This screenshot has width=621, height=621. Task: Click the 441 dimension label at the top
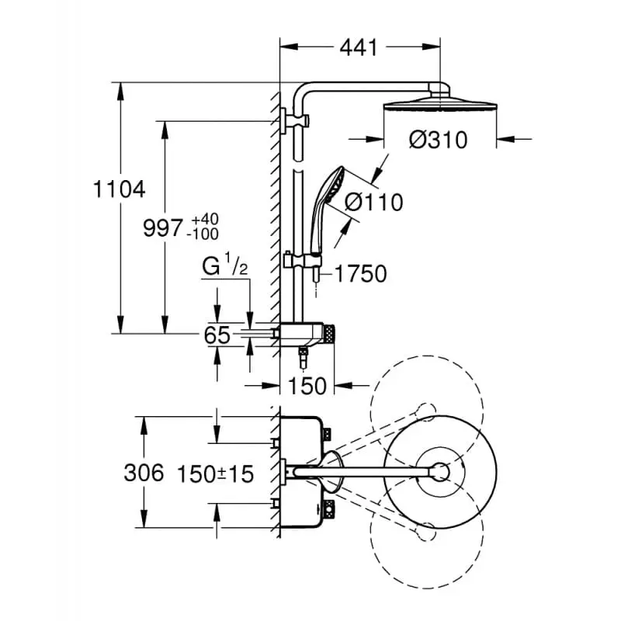pyautogui.click(x=358, y=47)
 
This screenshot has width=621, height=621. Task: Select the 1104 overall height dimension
pyautogui.click(x=117, y=189)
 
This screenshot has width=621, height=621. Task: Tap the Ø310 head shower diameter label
pyautogui.click(x=439, y=141)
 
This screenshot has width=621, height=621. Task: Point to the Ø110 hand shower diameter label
pyautogui.click(x=373, y=203)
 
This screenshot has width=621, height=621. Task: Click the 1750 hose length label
pyautogui.click(x=361, y=274)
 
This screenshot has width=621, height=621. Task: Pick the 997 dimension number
pyautogui.click(x=164, y=227)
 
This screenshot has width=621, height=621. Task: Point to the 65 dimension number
pyautogui.click(x=218, y=335)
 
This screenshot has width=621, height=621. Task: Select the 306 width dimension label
pyautogui.click(x=144, y=473)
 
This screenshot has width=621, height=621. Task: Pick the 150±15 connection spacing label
pyautogui.click(x=216, y=474)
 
